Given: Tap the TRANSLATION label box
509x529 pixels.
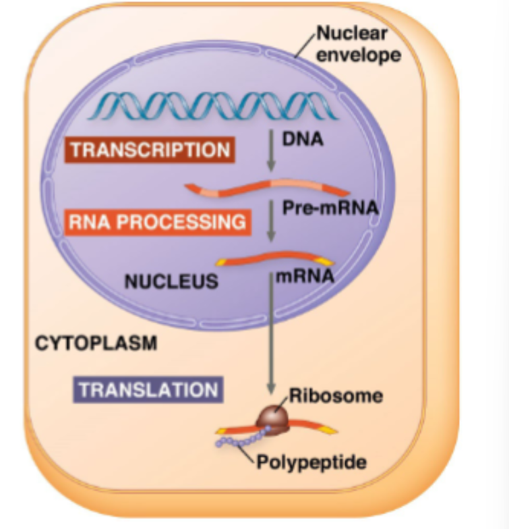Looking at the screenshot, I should coord(148,389).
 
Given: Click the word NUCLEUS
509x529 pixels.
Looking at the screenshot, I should coord(171,281).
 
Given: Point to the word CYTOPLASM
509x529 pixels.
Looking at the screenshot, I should coord(96,343).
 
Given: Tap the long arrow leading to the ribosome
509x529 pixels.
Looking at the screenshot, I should coord(272,331).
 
